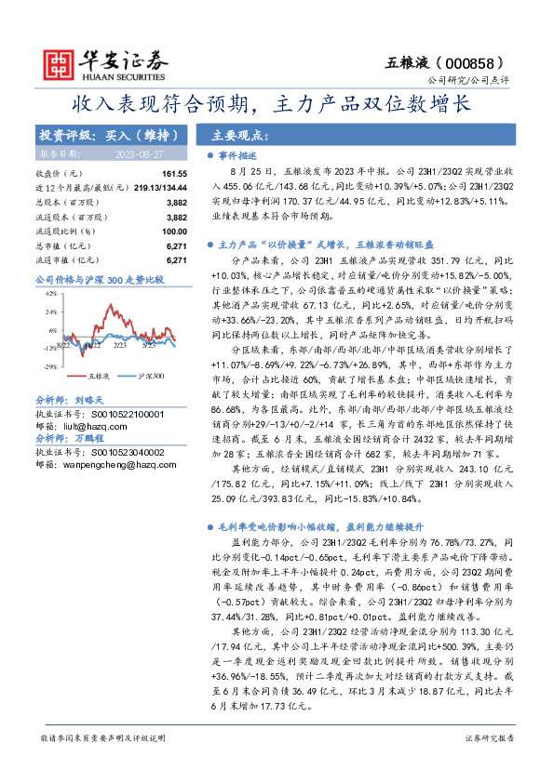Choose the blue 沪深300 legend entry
pos(145,377)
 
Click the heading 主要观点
pos(241,134)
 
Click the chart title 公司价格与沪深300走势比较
pos(99,279)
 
